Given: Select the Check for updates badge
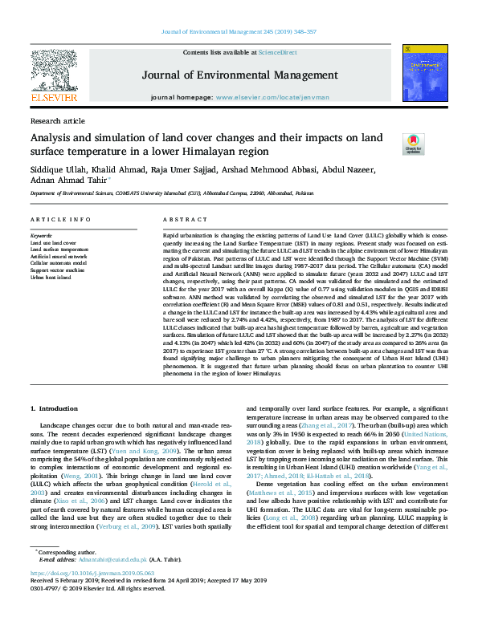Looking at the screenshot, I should (x=412, y=144).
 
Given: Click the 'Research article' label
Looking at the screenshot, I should (x=57, y=120).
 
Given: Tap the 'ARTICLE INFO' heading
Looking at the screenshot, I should (x=60, y=220).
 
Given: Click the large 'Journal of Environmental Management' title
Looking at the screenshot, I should (x=239, y=75).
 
